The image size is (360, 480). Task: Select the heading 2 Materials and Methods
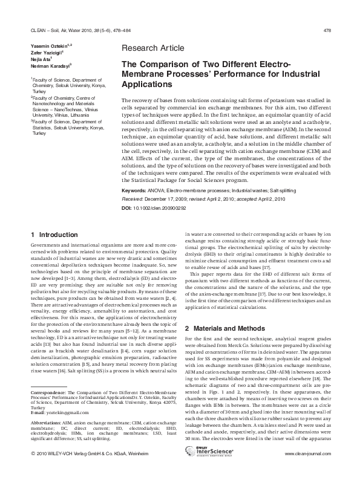tap(224, 328)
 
